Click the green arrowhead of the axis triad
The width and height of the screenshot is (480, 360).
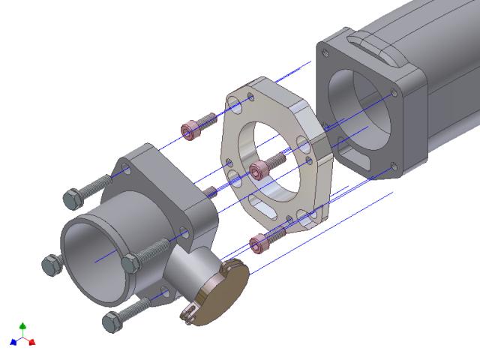pyautogui.click(x=23, y=326)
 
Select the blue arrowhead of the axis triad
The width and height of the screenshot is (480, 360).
pyautogui.click(x=13, y=343)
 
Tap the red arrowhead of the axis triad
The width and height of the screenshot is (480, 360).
pyautogui.click(x=33, y=343)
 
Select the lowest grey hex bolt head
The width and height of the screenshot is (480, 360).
pyautogui.click(x=111, y=321)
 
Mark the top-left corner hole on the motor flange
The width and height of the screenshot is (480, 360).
pyautogui.click(x=324, y=53)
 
